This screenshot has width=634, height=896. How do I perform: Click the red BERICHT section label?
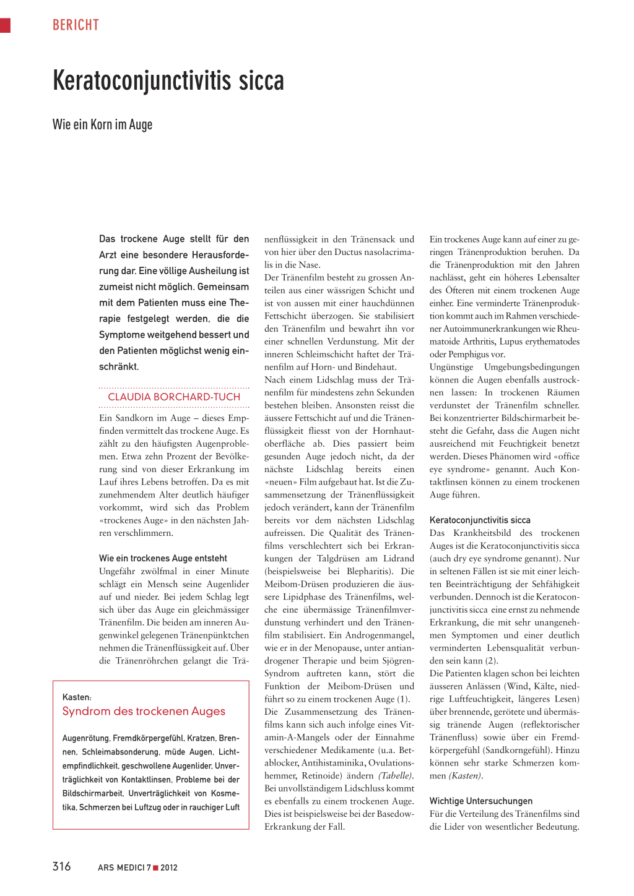(76, 25)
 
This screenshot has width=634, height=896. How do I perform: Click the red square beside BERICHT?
(5, 25)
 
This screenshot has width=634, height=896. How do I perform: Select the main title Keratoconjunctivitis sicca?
(168, 81)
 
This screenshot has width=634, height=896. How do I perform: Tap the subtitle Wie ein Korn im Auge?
(102, 124)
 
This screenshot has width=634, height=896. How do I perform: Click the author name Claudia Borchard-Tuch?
(174, 397)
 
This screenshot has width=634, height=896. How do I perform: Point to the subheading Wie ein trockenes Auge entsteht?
(163, 558)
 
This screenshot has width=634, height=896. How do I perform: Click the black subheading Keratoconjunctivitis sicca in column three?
(480, 520)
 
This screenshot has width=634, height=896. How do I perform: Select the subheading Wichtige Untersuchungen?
(481, 801)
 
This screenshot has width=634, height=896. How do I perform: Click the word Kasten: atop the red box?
(77, 697)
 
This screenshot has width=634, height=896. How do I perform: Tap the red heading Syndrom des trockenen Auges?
(144, 712)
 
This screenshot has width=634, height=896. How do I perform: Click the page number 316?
(62, 866)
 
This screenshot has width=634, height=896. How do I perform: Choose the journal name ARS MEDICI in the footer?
(121, 868)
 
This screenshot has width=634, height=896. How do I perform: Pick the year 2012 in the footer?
(169, 868)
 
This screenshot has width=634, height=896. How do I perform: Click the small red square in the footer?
(156, 868)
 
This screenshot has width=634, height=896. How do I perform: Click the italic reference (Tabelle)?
(395, 776)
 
